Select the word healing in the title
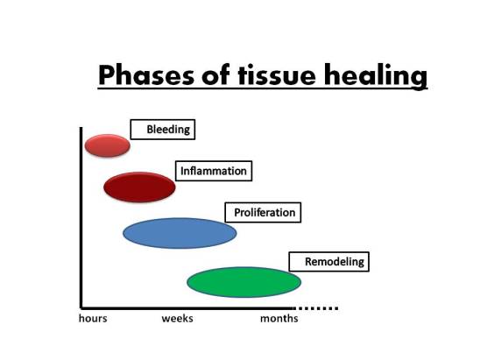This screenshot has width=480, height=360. pos(375,77)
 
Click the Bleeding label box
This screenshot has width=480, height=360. pos(162,130)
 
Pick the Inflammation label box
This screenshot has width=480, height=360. pos(213,171)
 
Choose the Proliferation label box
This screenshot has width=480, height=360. pos(264,213)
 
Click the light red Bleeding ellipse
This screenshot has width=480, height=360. pos(107,145)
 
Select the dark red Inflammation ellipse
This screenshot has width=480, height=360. pos(139,186)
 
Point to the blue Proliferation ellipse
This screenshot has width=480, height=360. pos(180,233)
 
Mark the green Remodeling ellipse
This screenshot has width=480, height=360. pos(244,282)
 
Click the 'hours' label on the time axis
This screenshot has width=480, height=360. pos(93,319)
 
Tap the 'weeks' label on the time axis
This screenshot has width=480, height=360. pos(177,319)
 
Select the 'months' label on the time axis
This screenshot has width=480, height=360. pos(279,319)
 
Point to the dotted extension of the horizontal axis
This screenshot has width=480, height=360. pos(317,307)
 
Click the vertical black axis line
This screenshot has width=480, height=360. pos(81,219)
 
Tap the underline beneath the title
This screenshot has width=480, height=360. pos(263,89)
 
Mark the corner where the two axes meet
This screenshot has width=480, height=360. pos(81,307)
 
